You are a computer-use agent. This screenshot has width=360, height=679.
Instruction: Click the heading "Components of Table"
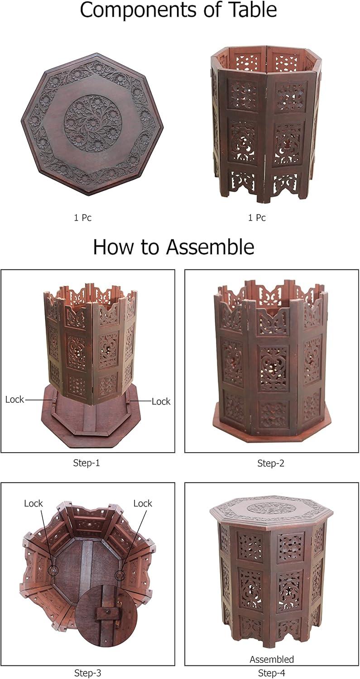tap(178, 10)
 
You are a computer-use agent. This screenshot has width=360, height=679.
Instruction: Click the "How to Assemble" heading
tap(173, 247)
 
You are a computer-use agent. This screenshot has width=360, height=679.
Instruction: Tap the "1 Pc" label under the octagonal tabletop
tap(82, 218)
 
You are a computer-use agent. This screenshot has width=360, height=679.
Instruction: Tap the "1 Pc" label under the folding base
tap(257, 218)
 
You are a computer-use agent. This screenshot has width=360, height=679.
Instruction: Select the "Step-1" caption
tap(86, 463)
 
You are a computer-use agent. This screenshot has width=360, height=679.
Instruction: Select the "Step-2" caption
tap(271, 463)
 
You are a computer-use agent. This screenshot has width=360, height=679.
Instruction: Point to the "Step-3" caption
tap(88, 673)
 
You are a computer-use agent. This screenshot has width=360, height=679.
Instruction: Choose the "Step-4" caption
tap(271, 673)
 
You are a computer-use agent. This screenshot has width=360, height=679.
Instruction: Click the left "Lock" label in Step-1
tap(14, 400)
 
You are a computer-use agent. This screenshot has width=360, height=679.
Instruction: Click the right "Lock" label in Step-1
tap(161, 402)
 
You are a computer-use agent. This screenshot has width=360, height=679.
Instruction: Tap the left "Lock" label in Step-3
tap(34, 503)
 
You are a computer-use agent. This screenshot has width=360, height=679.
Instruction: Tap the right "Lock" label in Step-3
tap(143, 503)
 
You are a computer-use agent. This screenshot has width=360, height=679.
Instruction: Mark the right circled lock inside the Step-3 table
tap(120, 575)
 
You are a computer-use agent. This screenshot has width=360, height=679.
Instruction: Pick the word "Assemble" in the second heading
tap(211, 247)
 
